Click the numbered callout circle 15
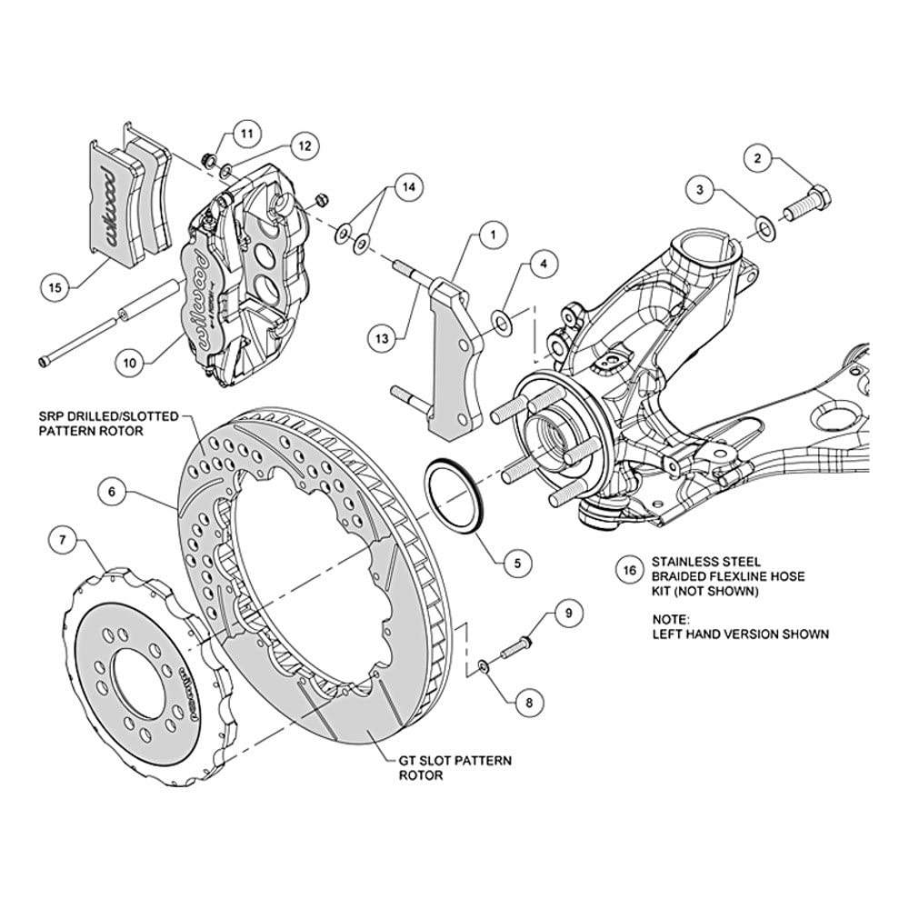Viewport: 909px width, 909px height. (55, 287)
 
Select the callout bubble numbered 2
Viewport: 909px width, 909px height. (758, 157)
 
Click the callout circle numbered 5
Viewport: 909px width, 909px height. (517, 563)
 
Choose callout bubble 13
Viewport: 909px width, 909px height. (382, 338)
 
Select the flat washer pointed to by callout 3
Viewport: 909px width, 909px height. (765, 228)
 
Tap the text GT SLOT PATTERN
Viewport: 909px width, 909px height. (455, 760)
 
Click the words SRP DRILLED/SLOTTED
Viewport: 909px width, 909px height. (108, 416)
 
